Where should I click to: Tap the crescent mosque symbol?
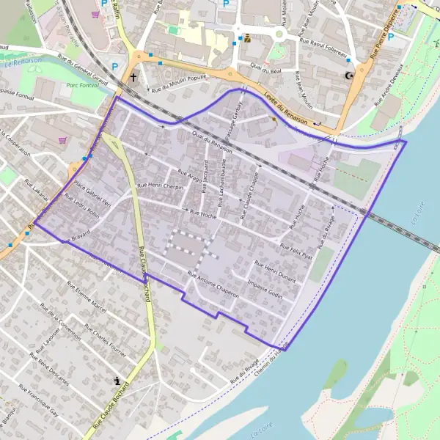click(348, 76)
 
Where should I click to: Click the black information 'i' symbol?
click(117, 380)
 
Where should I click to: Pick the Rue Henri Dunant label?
click(275, 271)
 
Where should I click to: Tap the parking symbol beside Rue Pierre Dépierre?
click(391, 35)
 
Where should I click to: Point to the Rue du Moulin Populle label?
click(180, 82)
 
